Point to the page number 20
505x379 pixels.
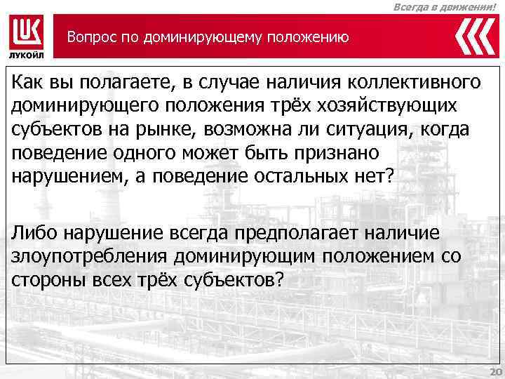[x=494, y=371]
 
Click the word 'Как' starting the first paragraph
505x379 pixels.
[x=27, y=81]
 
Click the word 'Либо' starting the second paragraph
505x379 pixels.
[x=34, y=232]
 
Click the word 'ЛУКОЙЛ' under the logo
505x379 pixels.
[x=27, y=55]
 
